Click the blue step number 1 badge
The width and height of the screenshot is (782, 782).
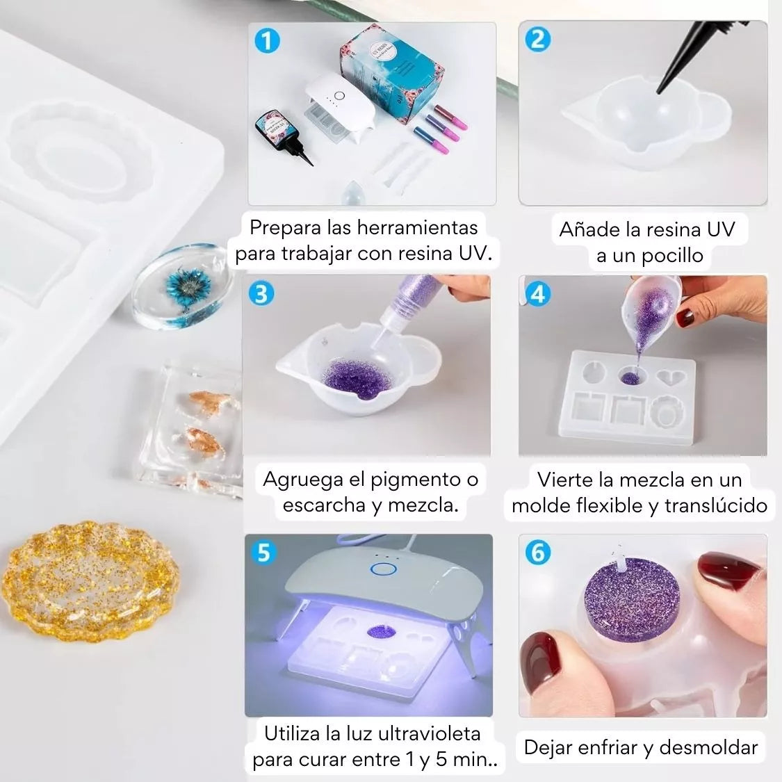coord(267,40)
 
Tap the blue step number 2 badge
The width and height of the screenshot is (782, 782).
coord(537,40)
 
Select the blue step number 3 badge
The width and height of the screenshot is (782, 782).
coord(261,294)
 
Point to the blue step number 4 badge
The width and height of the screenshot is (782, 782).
coord(537,294)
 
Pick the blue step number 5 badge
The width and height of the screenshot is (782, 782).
coord(263,553)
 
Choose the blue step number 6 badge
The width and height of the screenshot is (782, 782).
coord(537,552)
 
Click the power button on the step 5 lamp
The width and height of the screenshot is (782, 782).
coord(383,569)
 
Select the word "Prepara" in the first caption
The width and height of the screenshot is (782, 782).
coord(285,229)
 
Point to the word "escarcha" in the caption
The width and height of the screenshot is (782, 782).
coord(324,505)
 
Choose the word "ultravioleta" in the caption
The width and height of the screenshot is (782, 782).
coord(429,733)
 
